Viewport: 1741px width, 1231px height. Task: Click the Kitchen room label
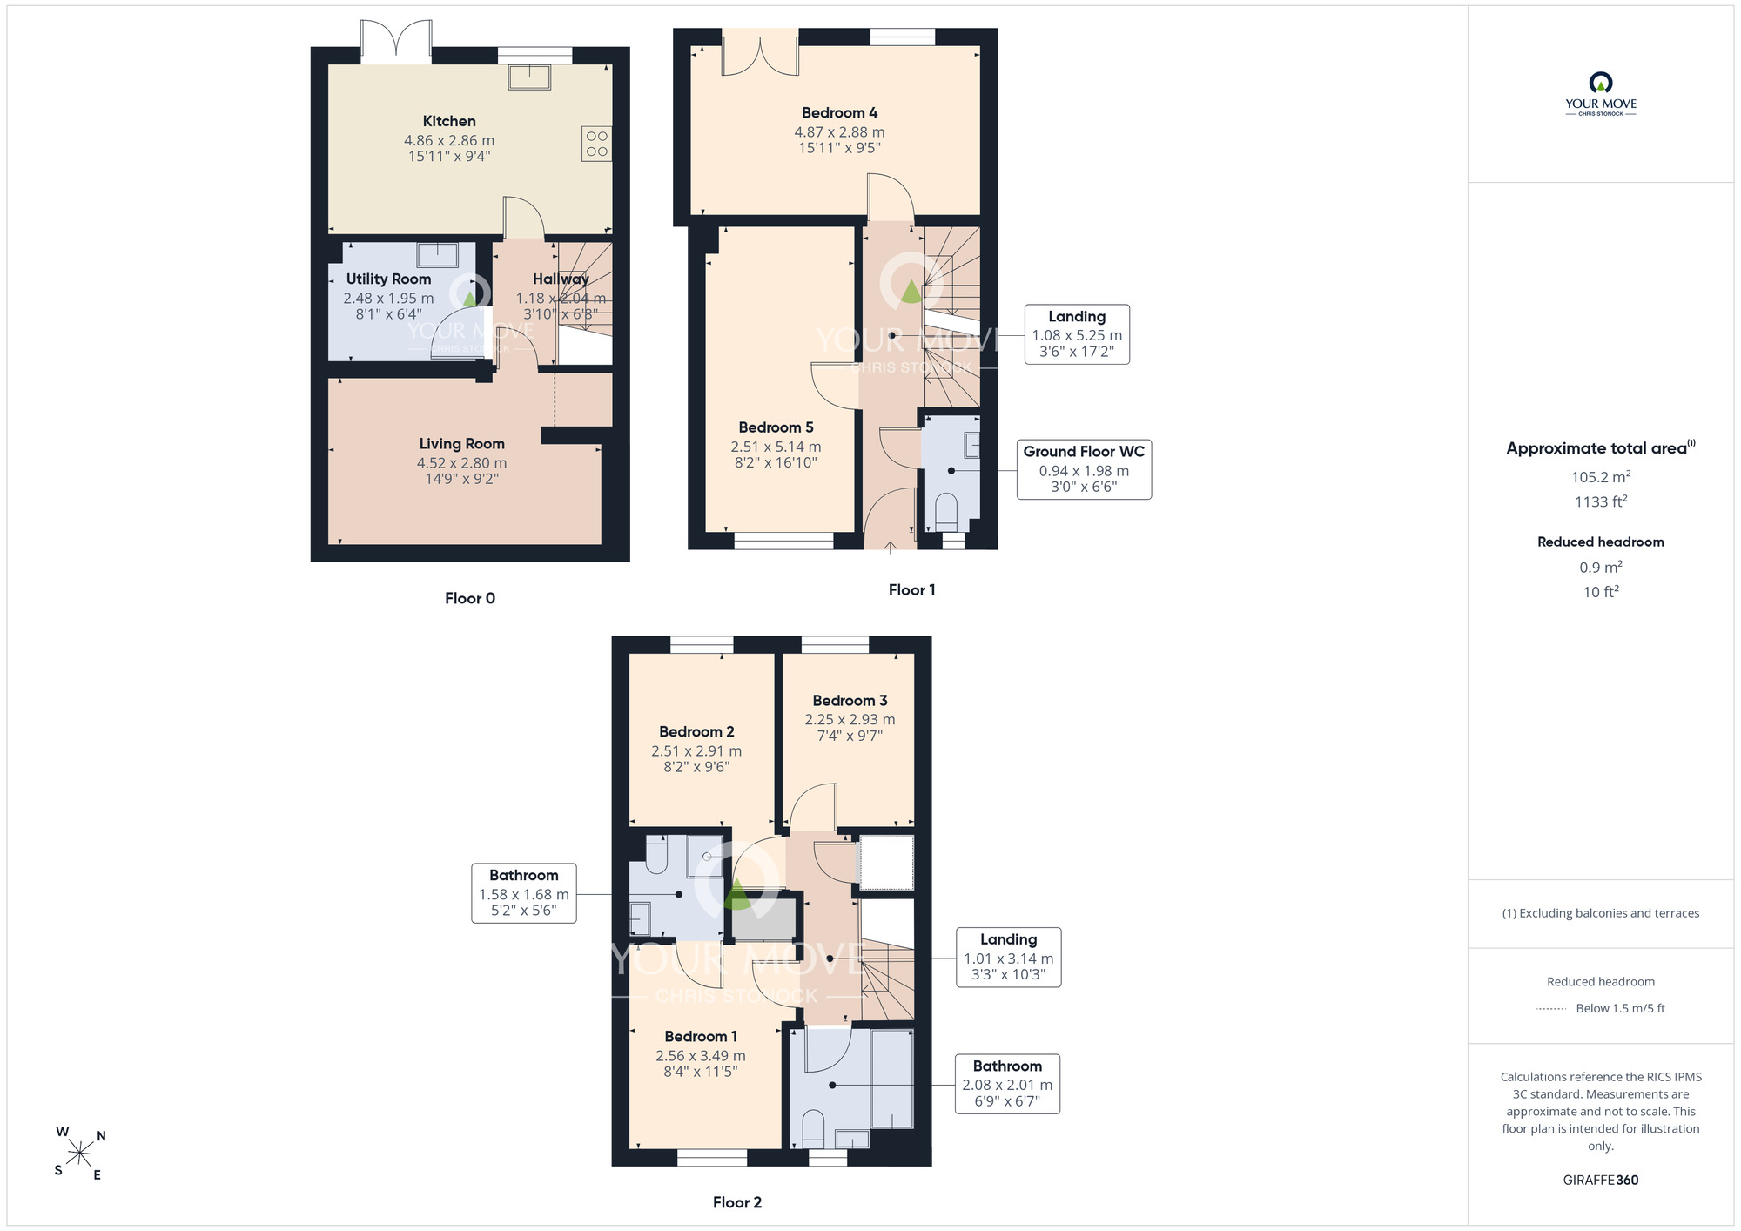coord(449,121)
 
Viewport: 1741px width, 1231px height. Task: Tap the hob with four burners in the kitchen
coord(597,144)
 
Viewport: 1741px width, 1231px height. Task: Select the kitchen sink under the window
coord(530,77)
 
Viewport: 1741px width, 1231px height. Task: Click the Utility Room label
coord(388,279)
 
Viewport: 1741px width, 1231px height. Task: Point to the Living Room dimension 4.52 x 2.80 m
coord(461,463)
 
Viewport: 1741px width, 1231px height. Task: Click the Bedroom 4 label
coord(839,113)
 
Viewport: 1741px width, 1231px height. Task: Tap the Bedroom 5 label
coord(776,427)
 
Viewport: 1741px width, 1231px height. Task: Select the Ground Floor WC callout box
coord(1084,469)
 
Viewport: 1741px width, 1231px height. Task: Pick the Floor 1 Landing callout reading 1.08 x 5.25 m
coord(1077,334)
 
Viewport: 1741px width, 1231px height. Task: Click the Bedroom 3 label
coord(850,701)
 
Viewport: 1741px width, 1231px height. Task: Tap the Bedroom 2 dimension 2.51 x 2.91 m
coord(696,751)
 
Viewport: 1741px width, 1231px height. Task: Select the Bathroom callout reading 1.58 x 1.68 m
coord(523,893)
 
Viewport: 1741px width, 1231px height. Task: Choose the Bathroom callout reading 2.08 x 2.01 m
coord(1007,1084)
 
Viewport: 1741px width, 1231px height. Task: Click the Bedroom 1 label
coord(701,1037)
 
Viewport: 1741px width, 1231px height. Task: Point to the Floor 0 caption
coord(470,598)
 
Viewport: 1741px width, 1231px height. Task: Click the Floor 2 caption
coord(737,1202)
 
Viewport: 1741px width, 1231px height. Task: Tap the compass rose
coord(80,1154)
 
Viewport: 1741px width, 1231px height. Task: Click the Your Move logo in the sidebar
coord(1601,94)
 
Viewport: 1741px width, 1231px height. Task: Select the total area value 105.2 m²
coord(1601,476)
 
